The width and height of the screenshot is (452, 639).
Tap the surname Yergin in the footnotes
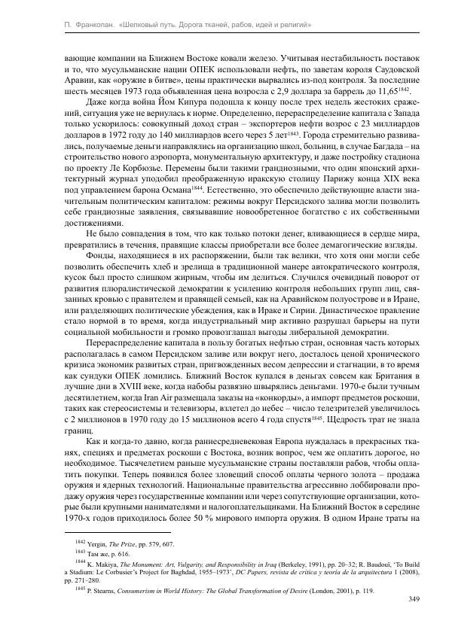[x=99, y=543]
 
